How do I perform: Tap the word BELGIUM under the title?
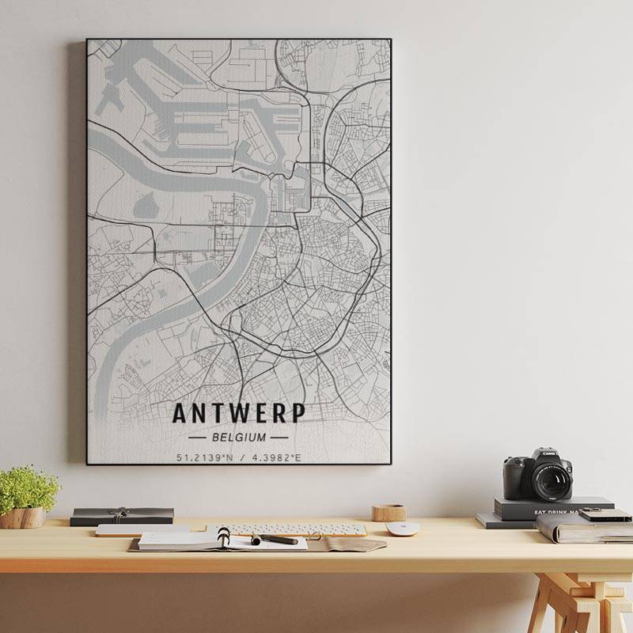coord(239,436)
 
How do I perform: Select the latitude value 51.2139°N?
coord(204,457)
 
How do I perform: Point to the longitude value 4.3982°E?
coord(276,457)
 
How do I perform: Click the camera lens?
coord(551,479)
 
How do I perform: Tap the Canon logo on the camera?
coord(549,454)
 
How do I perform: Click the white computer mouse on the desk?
coord(402,529)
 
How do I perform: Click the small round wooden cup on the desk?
coord(389,512)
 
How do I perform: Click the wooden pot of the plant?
coord(22,517)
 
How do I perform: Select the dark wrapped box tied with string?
coord(122,516)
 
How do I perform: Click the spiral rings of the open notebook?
coord(224,536)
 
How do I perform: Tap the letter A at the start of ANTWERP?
coord(181,414)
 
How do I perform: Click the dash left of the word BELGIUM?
coord(199,436)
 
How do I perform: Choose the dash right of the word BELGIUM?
coord(279,436)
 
